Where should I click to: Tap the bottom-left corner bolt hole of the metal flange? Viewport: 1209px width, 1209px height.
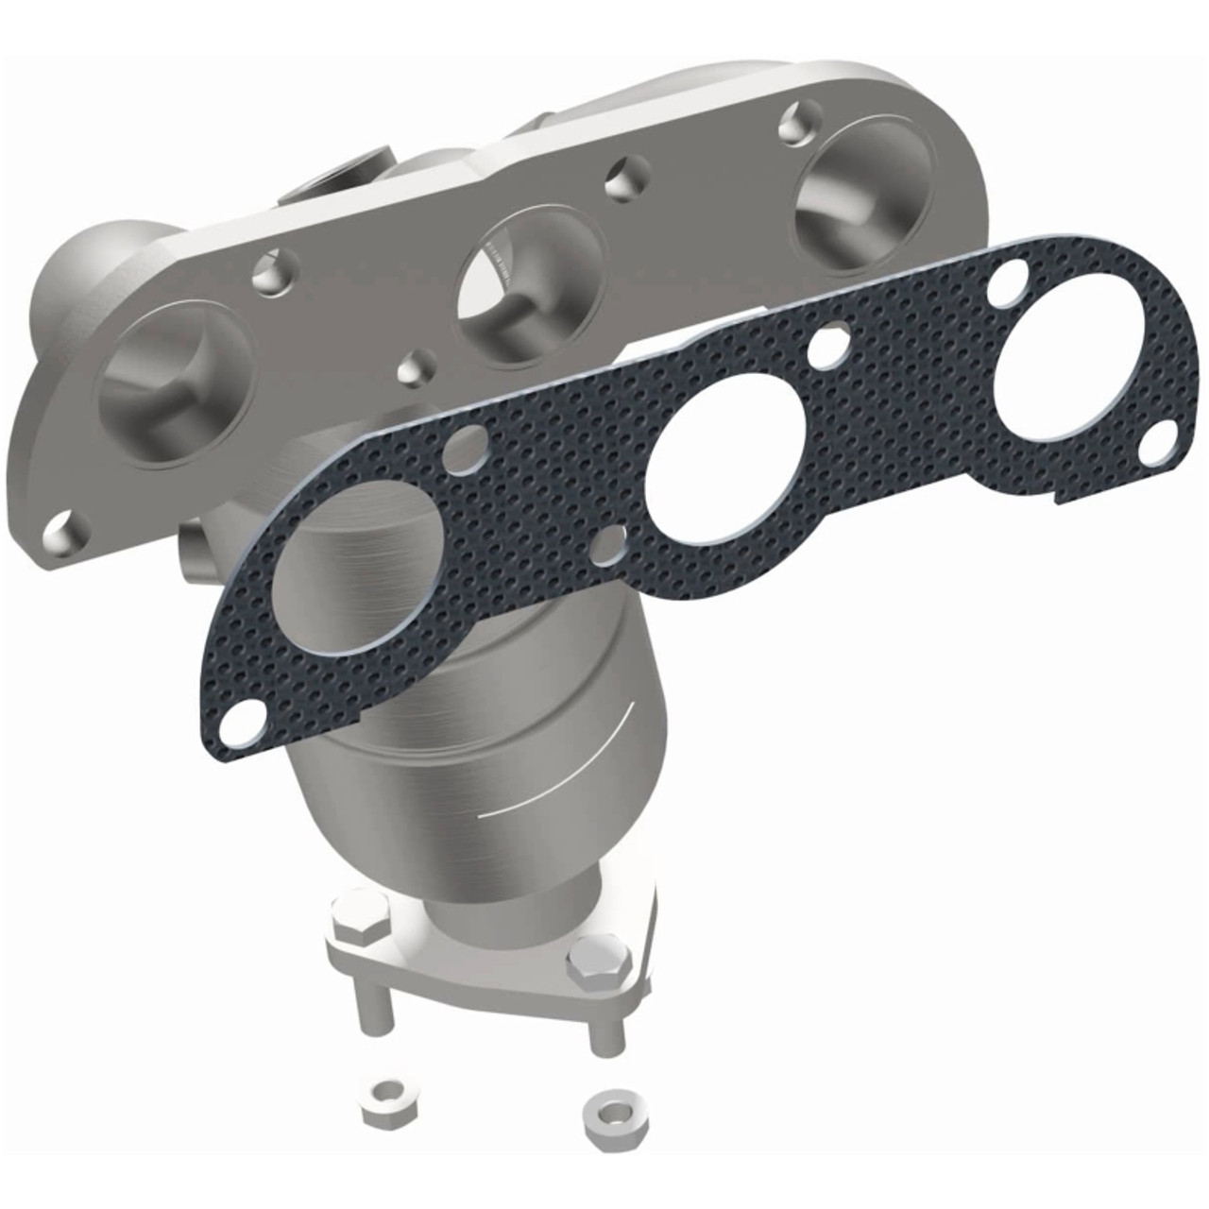(x=65, y=533)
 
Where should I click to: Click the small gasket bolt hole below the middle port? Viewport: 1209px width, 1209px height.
(x=612, y=541)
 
